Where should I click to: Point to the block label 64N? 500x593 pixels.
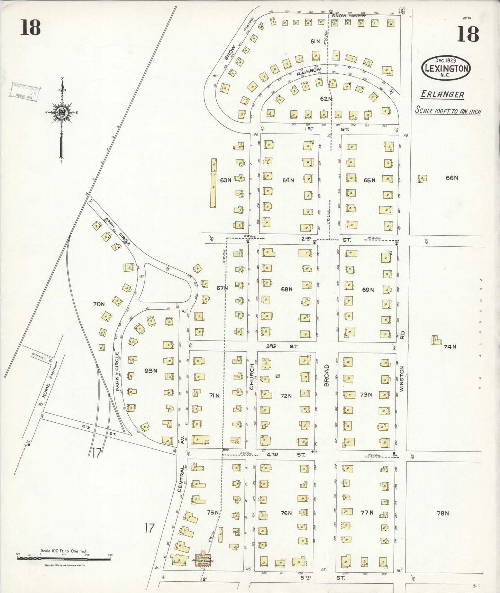point(288,180)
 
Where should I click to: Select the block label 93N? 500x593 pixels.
point(151,371)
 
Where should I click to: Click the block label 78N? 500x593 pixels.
point(442,513)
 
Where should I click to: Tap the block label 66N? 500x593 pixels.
point(452,178)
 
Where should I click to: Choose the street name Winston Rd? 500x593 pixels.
point(402,370)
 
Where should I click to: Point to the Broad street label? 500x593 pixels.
point(326,375)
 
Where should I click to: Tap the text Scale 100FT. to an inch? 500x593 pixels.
point(448,111)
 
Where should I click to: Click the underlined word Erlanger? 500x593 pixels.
point(442,94)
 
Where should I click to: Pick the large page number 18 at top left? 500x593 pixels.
point(30,27)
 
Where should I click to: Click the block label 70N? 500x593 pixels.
point(99,304)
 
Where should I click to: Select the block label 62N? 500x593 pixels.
point(326,99)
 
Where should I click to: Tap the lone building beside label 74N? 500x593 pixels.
point(436,340)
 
